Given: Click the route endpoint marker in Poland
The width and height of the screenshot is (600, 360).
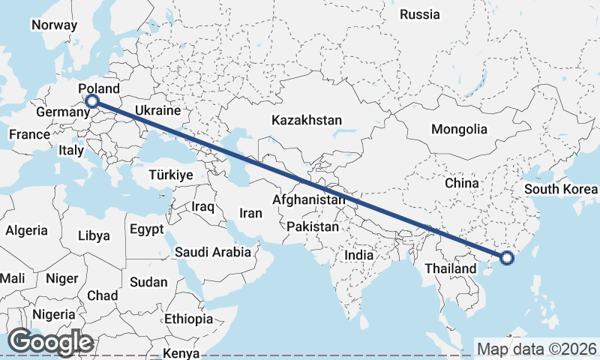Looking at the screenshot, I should [x=91, y=101].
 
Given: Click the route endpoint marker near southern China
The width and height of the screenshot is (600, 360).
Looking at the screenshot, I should [x=506, y=258].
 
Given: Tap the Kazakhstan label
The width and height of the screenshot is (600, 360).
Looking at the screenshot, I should [x=307, y=120].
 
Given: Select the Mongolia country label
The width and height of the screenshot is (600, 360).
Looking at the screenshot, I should [x=459, y=129].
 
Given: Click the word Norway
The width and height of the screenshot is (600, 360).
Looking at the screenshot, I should [x=54, y=25].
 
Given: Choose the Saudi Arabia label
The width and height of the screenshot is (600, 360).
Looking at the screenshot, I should [x=213, y=252].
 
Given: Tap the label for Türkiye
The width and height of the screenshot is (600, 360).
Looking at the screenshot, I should [x=171, y=174].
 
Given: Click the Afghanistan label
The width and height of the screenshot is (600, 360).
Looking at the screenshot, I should [x=310, y=200].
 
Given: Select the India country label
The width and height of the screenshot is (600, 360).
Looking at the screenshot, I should [x=358, y=255].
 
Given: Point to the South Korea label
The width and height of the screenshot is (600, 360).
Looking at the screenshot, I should [x=561, y=188].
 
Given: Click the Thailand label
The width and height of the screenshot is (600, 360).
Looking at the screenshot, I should [x=450, y=268].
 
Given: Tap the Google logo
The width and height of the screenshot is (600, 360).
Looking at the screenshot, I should [x=50, y=342].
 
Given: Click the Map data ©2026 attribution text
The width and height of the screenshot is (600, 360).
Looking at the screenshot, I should [x=536, y=349].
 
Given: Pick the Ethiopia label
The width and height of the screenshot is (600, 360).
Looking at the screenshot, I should [x=189, y=319].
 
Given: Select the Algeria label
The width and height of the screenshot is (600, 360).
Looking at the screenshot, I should [x=26, y=231].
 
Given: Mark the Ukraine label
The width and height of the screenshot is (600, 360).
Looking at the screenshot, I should [x=158, y=110].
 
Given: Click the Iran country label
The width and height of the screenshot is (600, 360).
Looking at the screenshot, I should [x=250, y=213].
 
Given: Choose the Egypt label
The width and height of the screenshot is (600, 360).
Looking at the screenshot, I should [x=146, y=229].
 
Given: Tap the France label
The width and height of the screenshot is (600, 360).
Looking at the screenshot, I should [x=29, y=135].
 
